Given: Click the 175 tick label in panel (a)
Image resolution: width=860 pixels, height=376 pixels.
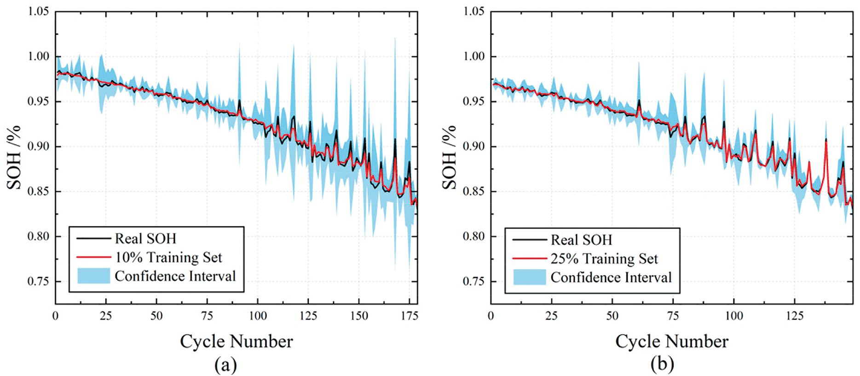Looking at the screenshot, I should click(410, 316).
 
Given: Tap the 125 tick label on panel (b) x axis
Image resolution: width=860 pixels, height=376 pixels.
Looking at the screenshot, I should click(795, 316).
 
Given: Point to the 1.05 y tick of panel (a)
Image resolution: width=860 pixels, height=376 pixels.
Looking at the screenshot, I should click(39, 12).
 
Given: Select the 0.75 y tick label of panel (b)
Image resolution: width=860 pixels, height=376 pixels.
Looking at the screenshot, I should click(474, 281).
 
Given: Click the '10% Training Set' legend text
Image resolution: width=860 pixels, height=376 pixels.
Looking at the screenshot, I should click(168, 257).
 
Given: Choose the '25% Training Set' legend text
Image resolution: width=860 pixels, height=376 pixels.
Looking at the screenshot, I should click(604, 258).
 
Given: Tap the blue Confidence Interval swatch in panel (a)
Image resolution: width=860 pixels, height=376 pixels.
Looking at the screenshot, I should click(93, 276).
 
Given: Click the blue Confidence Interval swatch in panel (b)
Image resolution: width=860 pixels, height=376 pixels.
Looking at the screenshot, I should click(529, 277).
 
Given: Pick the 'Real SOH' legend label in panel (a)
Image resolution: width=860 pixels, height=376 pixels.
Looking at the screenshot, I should click(145, 238).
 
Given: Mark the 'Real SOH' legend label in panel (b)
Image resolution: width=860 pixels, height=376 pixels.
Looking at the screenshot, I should click(582, 240).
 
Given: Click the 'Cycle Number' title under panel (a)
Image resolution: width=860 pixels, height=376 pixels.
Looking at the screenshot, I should click(236, 341).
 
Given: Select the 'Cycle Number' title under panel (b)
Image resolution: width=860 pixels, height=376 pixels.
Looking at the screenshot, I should click(672, 341).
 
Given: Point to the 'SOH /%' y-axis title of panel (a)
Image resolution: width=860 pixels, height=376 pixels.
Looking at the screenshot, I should click(14, 157).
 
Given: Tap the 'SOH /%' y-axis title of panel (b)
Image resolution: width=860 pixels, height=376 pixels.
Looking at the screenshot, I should click(450, 157).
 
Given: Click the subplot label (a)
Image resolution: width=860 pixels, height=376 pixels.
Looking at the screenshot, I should click(225, 364).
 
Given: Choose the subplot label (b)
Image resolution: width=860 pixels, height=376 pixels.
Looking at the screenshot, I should click(662, 364).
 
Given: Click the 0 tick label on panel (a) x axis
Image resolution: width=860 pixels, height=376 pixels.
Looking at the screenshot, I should click(55, 316).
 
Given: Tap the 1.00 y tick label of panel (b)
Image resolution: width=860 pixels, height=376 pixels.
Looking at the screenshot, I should click(474, 56).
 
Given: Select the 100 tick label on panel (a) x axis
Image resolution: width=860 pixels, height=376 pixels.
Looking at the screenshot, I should click(258, 316).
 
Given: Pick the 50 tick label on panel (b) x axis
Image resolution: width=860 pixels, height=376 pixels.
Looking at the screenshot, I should click(612, 316).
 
